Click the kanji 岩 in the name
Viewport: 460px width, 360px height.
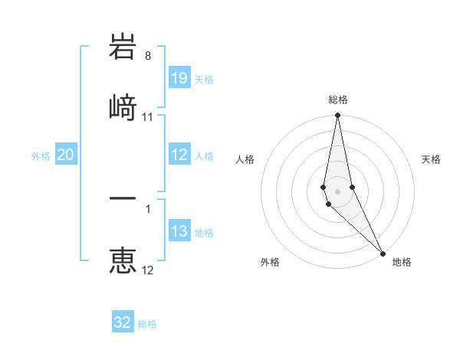point(123,50)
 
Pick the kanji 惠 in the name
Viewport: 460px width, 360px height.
point(123,260)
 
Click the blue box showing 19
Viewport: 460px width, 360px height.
point(179,78)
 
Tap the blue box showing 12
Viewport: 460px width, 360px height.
point(179,155)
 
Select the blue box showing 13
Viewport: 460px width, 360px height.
point(179,231)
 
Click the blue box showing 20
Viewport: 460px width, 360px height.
point(66,155)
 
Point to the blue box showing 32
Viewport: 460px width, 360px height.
point(123,322)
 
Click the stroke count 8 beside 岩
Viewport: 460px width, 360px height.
point(148,56)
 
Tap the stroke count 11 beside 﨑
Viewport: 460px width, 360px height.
point(148,117)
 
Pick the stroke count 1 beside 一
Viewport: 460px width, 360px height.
point(148,208)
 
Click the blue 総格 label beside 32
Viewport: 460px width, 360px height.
point(147,324)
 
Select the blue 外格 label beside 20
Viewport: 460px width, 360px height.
point(41,156)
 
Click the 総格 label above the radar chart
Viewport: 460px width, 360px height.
point(337,100)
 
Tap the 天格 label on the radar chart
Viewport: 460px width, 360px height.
point(431,159)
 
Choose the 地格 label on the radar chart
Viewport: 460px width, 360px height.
point(402,262)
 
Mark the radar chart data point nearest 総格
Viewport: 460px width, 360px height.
point(337,116)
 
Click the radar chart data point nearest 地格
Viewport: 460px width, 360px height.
point(383,254)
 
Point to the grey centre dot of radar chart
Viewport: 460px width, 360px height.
point(337,191)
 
